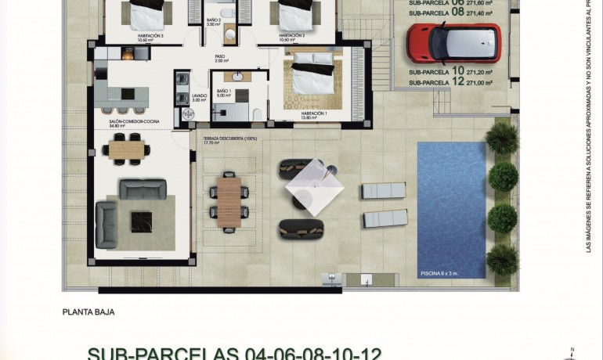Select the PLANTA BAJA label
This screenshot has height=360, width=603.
[88, 311]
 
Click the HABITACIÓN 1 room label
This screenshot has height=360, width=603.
[313, 113]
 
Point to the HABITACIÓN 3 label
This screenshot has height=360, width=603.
[150, 35]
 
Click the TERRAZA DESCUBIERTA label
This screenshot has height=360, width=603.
[230, 139]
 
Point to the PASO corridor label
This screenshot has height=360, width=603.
[221, 56]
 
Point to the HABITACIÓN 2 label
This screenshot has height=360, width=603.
[291, 35]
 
